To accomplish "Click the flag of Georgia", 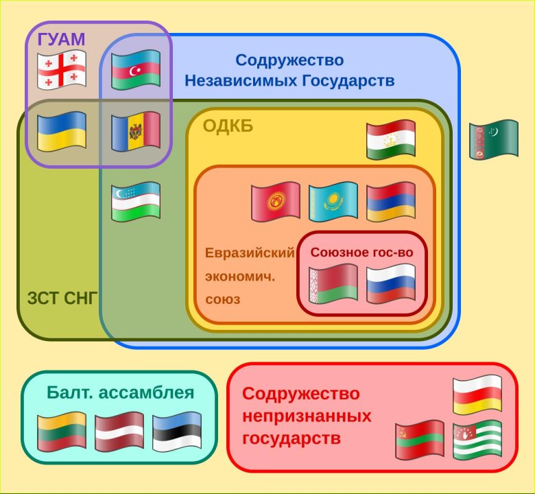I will [61, 70].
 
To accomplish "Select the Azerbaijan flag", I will [136, 70].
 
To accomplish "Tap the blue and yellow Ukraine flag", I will [61, 132].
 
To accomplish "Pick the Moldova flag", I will [136, 132].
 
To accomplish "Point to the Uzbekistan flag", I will [136, 201].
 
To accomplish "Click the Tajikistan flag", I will [391, 141].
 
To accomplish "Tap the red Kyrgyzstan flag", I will [276, 201].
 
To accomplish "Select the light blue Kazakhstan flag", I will [333, 201].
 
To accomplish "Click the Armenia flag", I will [391, 201].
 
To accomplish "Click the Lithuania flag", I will [61, 432].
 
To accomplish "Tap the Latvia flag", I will [119, 432].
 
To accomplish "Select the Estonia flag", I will [177, 432].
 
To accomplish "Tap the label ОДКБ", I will [228, 126].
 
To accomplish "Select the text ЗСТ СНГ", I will [62, 298].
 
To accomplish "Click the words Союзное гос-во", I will [361, 252].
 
